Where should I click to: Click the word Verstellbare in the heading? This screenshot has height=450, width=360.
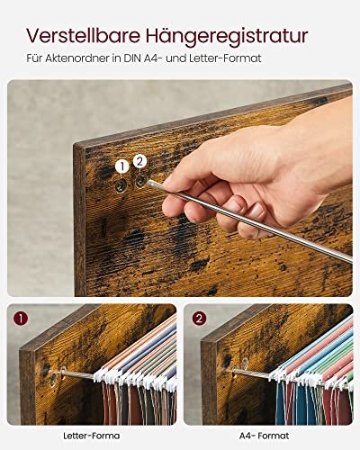pyautogui.click(x=84, y=35)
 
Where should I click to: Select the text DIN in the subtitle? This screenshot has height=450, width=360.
pyautogui.click(x=132, y=58)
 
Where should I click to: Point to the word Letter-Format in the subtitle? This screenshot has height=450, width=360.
pyautogui.click(x=225, y=58)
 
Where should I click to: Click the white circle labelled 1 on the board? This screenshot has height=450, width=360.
pyautogui.click(x=121, y=166)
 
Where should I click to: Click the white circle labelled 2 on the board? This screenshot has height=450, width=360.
pyautogui.click(x=139, y=161)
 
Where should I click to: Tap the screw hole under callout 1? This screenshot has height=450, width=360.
pyautogui.click(x=121, y=186)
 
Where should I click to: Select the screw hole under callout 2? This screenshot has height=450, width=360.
pyautogui.click(x=140, y=181)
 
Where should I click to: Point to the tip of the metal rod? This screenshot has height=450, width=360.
pyautogui.click(x=148, y=183)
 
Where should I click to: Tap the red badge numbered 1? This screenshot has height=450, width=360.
pyautogui.click(x=21, y=319)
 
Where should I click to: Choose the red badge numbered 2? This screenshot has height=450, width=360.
pyautogui.click(x=200, y=319)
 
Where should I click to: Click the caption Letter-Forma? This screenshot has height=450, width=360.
pyautogui.click(x=91, y=436)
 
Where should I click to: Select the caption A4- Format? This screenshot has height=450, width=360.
pyautogui.click(x=265, y=436)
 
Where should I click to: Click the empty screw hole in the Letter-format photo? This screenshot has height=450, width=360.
pyautogui.click(x=53, y=380)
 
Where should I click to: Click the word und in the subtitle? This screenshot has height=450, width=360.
pyautogui.click(x=175, y=58)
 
